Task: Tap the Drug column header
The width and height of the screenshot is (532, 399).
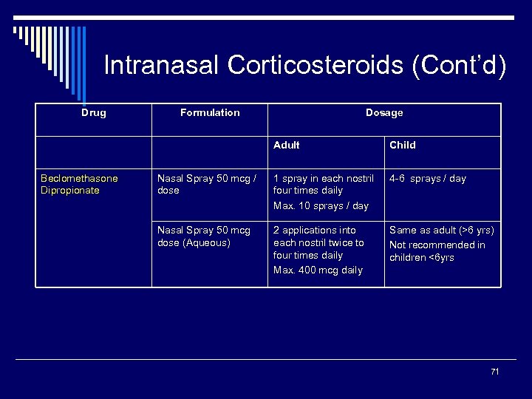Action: (x=93, y=113)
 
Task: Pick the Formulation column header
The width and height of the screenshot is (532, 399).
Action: (x=210, y=113)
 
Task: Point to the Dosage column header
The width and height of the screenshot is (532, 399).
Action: (x=384, y=113)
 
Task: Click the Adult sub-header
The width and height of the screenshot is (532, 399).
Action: (x=286, y=146)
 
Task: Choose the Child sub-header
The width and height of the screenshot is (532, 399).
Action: (x=402, y=146)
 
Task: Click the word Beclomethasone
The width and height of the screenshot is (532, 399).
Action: (x=79, y=178)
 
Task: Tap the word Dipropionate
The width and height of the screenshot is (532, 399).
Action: (x=70, y=191)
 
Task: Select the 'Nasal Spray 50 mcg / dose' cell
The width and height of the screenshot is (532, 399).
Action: (x=206, y=184)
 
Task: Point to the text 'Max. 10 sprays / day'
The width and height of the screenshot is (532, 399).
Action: (x=320, y=206)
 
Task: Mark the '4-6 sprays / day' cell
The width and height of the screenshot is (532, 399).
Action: (x=427, y=178)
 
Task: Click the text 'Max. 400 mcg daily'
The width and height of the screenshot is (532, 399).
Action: (x=318, y=270)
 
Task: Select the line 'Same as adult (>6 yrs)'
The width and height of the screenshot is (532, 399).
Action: (x=441, y=231)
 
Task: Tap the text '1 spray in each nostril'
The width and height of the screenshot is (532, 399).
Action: (x=324, y=178)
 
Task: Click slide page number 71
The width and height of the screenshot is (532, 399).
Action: (x=494, y=372)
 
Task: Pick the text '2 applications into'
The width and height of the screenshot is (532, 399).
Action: (x=314, y=231)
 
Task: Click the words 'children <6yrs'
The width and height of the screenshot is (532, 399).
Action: (x=421, y=258)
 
